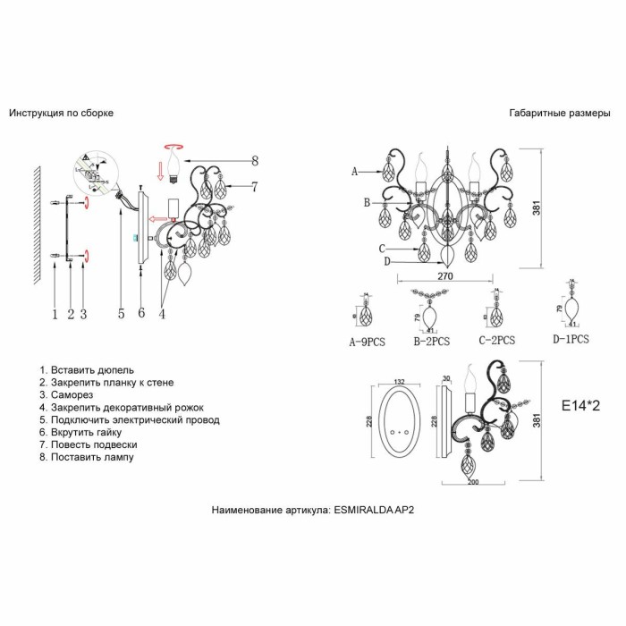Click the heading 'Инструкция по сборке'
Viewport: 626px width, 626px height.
pyautogui.click(x=61, y=114)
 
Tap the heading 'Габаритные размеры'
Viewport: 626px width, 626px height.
pyautogui.click(x=559, y=114)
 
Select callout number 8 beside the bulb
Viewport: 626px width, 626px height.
pyautogui.click(x=255, y=161)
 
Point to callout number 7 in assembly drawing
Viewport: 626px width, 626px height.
pyautogui.click(x=255, y=187)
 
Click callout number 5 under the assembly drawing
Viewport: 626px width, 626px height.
pyautogui.click(x=121, y=313)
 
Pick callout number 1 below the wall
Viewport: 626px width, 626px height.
pyautogui.click(x=55, y=313)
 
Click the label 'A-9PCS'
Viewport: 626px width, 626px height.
pyautogui.click(x=368, y=341)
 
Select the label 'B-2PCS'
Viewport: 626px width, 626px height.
pyautogui.click(x=431, y=341)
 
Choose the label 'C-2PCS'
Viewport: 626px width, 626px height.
pyautogui.click(x=496, y=341)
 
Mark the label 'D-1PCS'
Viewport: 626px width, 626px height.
pyautogui.click(x=571, y=341)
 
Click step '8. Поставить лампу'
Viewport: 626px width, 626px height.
pyautogui.click(x=86, y=457)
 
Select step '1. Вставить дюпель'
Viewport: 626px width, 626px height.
pyautogui.click(x=87, y=369)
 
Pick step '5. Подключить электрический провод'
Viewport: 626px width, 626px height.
pyautogui.click(x=129, y=419)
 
